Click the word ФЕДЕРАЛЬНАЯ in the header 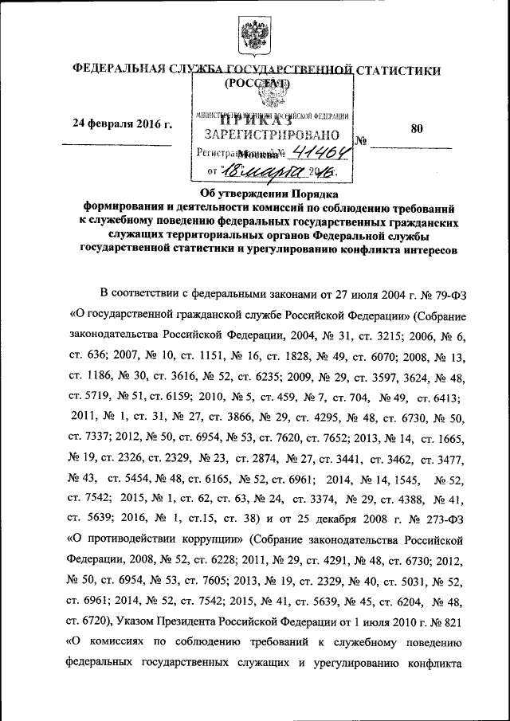(116, 71)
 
